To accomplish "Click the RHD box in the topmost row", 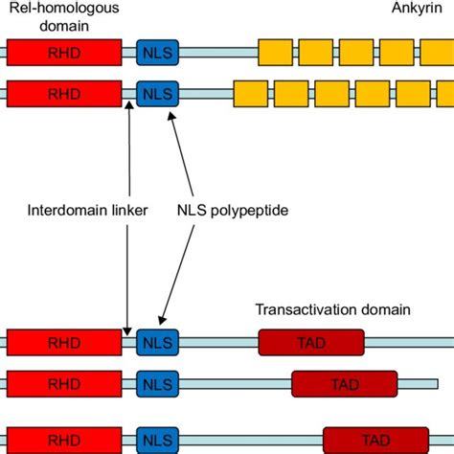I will [64, 52].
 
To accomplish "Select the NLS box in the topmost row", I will [158, 52].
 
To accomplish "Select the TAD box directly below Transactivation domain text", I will [311, 342].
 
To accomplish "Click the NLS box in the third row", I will [158, 342].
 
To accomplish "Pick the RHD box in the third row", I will [64, 342].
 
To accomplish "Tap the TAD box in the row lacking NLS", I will [344, 383].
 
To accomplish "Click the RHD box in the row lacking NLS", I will [64, 383].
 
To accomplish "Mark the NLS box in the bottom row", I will [158, 441].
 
